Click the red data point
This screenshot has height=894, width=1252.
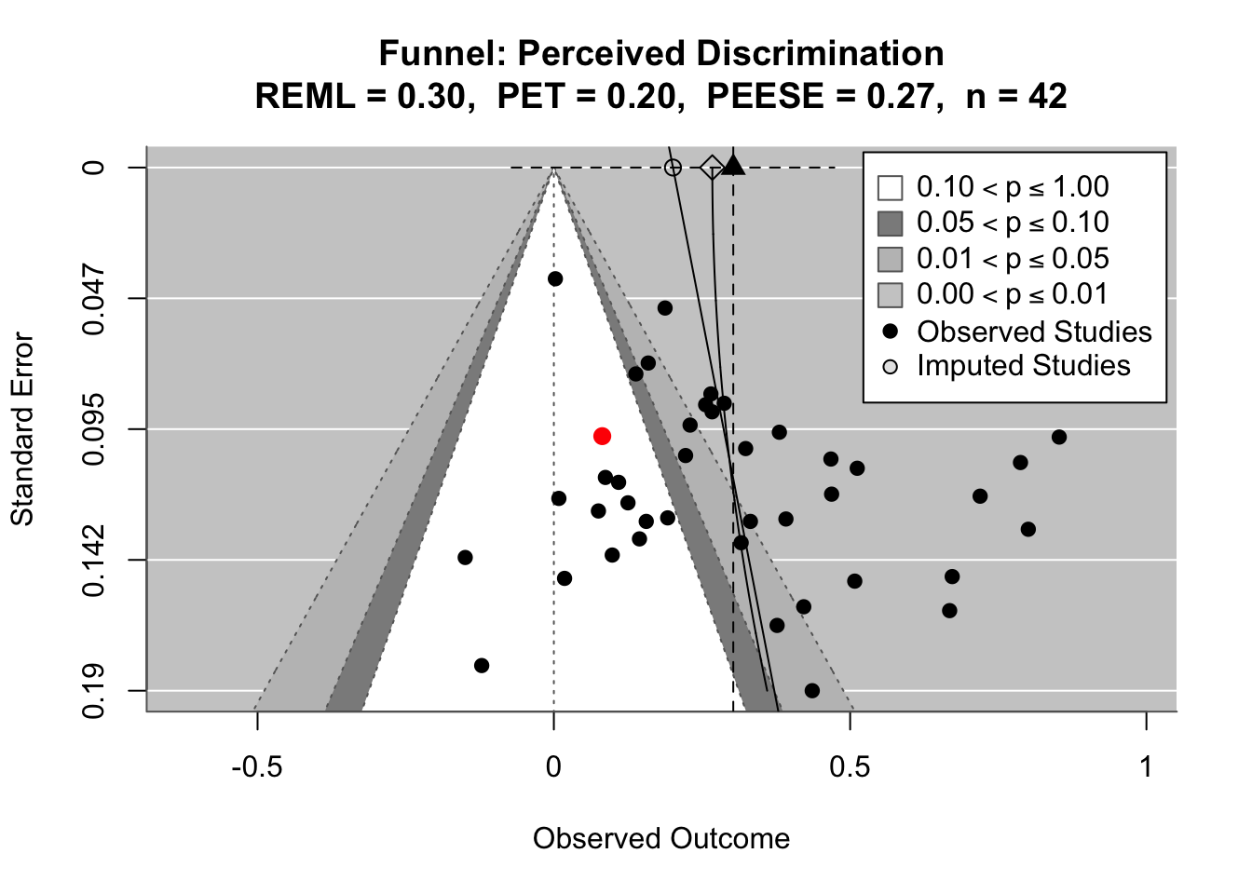pyautogui.click(x=602, y=436)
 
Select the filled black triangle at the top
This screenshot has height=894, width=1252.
pyautogui.click(x=733, y=166)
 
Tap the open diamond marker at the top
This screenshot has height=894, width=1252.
pyautogui.click(x=713, y=168)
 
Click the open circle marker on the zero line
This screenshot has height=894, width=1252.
pyautogui.click(x=673, y=168)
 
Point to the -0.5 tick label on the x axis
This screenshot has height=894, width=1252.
pyautogui.click(x=256, y=766)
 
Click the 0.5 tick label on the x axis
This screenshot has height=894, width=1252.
pyautogui.click(x=850, y=766)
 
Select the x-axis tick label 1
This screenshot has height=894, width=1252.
pyautogui.click(x=1146, y=766)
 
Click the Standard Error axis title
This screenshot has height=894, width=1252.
pyautogui.click(x=22, y=429)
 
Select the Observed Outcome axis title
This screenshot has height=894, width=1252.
pyautogui.click(x=661, y=839)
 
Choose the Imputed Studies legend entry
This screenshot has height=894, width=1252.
pyautogui.click(x=1023, y=366)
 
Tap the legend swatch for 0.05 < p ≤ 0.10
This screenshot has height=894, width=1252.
pyautogui.click(x=891, y=223)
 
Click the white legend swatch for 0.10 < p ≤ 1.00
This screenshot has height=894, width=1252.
pyautogui.click(x=891, y=188)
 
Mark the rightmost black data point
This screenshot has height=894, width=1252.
pyautogui.click(x=1059, y=437)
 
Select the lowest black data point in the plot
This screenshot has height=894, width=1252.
pyautogui.click(x=812, y=690)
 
